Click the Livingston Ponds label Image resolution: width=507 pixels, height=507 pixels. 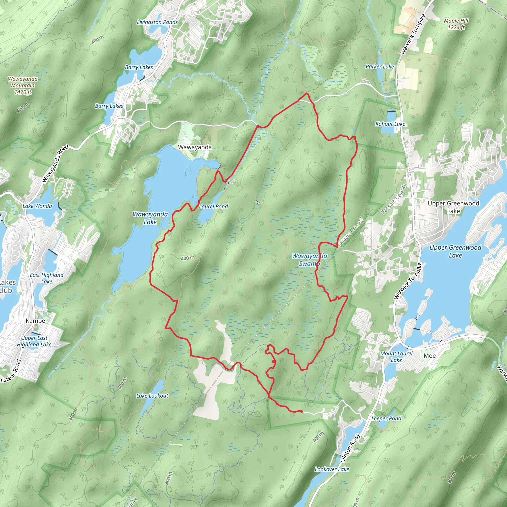157,22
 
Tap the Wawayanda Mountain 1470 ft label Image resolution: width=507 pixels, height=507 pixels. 23,85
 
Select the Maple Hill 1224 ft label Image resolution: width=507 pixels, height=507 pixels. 456,24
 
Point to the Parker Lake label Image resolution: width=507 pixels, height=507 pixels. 380,67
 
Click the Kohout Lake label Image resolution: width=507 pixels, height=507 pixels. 390,124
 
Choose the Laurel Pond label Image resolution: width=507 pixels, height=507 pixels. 213,206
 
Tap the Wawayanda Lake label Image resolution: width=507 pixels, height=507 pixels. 150,218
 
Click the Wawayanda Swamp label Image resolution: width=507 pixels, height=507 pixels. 310,259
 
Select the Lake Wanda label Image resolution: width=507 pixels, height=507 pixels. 37,206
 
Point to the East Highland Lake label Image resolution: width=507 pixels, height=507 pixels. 47,278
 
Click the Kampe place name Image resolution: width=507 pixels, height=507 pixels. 35,321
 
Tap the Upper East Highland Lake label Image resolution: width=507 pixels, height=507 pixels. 34,341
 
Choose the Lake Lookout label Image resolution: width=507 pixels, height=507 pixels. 152,395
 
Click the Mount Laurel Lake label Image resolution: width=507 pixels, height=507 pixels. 396,357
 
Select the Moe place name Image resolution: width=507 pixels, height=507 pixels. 430,355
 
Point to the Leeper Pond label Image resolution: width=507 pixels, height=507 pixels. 386,418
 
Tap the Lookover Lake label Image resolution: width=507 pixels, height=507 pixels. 332,469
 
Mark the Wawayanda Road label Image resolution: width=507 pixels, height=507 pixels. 55,163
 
